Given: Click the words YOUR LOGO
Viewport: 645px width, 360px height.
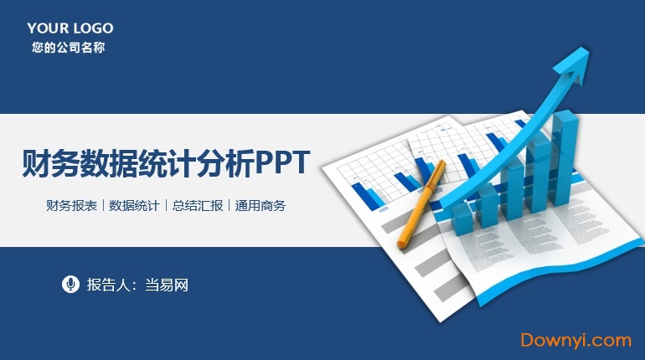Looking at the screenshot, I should [x=70, y=28].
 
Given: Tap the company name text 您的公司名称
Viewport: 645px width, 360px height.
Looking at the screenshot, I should [x=69, y=48].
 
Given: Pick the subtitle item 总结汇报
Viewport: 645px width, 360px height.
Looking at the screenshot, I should [x=198, y=205].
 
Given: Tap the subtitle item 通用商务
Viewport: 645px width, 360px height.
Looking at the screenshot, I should [x=261, y=205].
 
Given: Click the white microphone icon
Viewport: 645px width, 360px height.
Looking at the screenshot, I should [x=70, y=284].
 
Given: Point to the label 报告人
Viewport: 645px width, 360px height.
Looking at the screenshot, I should [x=106, y=285].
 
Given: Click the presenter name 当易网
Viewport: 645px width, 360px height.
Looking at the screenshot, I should [x=166, y=285].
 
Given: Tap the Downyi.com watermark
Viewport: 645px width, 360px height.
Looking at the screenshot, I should [x=575, y=340].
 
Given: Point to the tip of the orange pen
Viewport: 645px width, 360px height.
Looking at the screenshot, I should [x=401, y=244].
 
